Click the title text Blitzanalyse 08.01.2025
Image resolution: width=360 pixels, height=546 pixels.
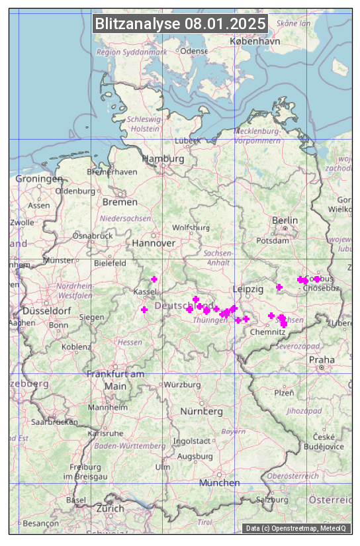[x=180, y=24]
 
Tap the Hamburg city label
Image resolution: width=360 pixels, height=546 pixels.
[x=163, y=159]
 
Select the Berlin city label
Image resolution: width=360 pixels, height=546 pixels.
[x=285, y=220]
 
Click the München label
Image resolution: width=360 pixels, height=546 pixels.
[x=219, y=482]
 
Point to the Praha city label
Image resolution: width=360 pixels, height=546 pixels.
[x=322, y=359]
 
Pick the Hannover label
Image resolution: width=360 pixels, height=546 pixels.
[x=154, y=243]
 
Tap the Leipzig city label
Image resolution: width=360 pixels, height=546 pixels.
[x=248, y=289]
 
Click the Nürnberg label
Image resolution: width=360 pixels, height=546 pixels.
[x=202, y=411]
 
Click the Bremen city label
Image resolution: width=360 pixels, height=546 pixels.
[x=120, y=201]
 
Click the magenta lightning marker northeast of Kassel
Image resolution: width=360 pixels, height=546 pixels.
[x=154, y=279]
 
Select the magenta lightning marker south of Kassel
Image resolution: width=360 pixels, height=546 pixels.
[x=144, y=310]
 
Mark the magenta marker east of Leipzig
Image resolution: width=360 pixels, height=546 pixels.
[x=279, y=287]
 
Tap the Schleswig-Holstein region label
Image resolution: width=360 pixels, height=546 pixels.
[x=144, y=124]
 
